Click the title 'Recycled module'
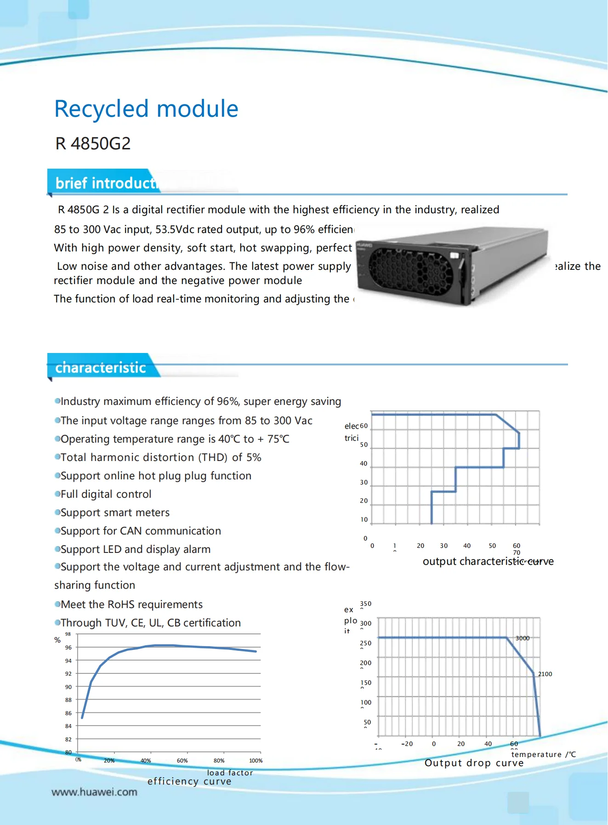pos(146,109)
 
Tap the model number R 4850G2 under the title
pos(93,143)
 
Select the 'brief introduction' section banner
pos(106,183)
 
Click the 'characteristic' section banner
pos(101,368)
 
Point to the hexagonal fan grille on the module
pos(410,271)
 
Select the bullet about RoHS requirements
pos(131,604)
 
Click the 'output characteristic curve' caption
pos(488,561)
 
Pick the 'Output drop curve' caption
pos(474,763)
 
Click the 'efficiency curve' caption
pos(189,781)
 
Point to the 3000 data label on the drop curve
pos(523,638)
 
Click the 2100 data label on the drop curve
pos(545,674)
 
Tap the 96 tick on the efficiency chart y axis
pos(68,647)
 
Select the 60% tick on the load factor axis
pos(182,761)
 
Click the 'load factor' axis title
pos(230,773)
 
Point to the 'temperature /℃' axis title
pos(543,754)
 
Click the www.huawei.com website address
pos(94,792)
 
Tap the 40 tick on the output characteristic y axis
pos(364,463)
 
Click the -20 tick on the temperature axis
pos(407,744)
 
